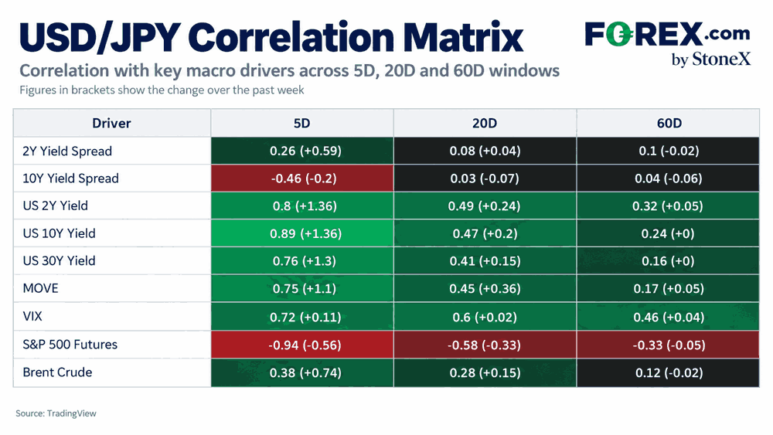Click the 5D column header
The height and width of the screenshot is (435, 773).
coord(301,123)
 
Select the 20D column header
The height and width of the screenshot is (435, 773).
coord(484,123)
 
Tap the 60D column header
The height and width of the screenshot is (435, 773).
coord(669,123)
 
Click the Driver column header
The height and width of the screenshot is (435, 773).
coord(111,123)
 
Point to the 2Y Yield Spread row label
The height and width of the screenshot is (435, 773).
coord(67,151)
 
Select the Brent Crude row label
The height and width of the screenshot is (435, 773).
coord(57,372)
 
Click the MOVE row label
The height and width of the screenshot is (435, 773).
coord(40,288)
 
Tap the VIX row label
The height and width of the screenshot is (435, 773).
coord(32,316)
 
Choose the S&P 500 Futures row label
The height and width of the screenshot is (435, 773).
coord(70,345)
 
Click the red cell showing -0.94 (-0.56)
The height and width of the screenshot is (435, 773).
coord(302,345)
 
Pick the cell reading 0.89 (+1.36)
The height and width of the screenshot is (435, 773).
coord(302,233)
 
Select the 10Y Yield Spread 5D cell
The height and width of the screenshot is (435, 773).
coord(302,178)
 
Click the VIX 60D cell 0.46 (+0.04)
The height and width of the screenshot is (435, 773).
coord(668,317)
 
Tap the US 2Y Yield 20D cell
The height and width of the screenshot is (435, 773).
coord(485,206)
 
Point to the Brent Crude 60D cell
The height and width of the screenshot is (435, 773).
coord(668,373)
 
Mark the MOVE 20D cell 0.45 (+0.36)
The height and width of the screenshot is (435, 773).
coord(485,289)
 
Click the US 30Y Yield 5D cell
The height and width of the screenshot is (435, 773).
coord(302,261)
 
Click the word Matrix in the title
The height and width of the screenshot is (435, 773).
coord(463,37)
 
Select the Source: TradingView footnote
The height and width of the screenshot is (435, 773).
coord(56,413)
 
